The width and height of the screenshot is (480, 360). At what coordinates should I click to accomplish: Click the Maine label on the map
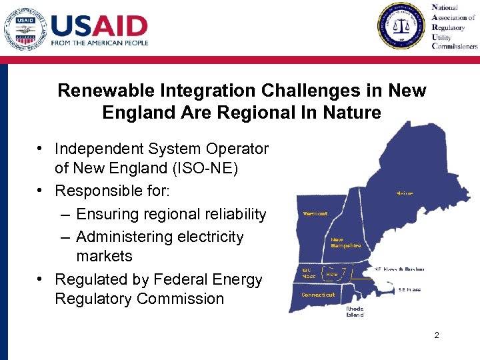[x=405, y=193]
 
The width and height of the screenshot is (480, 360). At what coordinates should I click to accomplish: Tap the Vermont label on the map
[x=315, y=214]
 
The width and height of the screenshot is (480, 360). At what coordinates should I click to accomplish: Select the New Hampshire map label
[x=346, y=243]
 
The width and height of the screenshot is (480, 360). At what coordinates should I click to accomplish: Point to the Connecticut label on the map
[x=318, y=295]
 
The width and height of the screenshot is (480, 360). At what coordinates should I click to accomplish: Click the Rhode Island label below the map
[x=355, y=312]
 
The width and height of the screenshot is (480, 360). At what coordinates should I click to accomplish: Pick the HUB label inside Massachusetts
[x=331, y=274]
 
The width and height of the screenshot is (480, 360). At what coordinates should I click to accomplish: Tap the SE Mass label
[x=409, y=290]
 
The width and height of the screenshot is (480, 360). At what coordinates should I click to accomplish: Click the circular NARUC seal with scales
[x=401, y=26]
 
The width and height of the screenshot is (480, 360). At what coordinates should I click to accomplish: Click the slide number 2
[x=437, y=335]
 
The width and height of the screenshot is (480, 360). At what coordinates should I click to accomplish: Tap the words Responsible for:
[x=113, y=191]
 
